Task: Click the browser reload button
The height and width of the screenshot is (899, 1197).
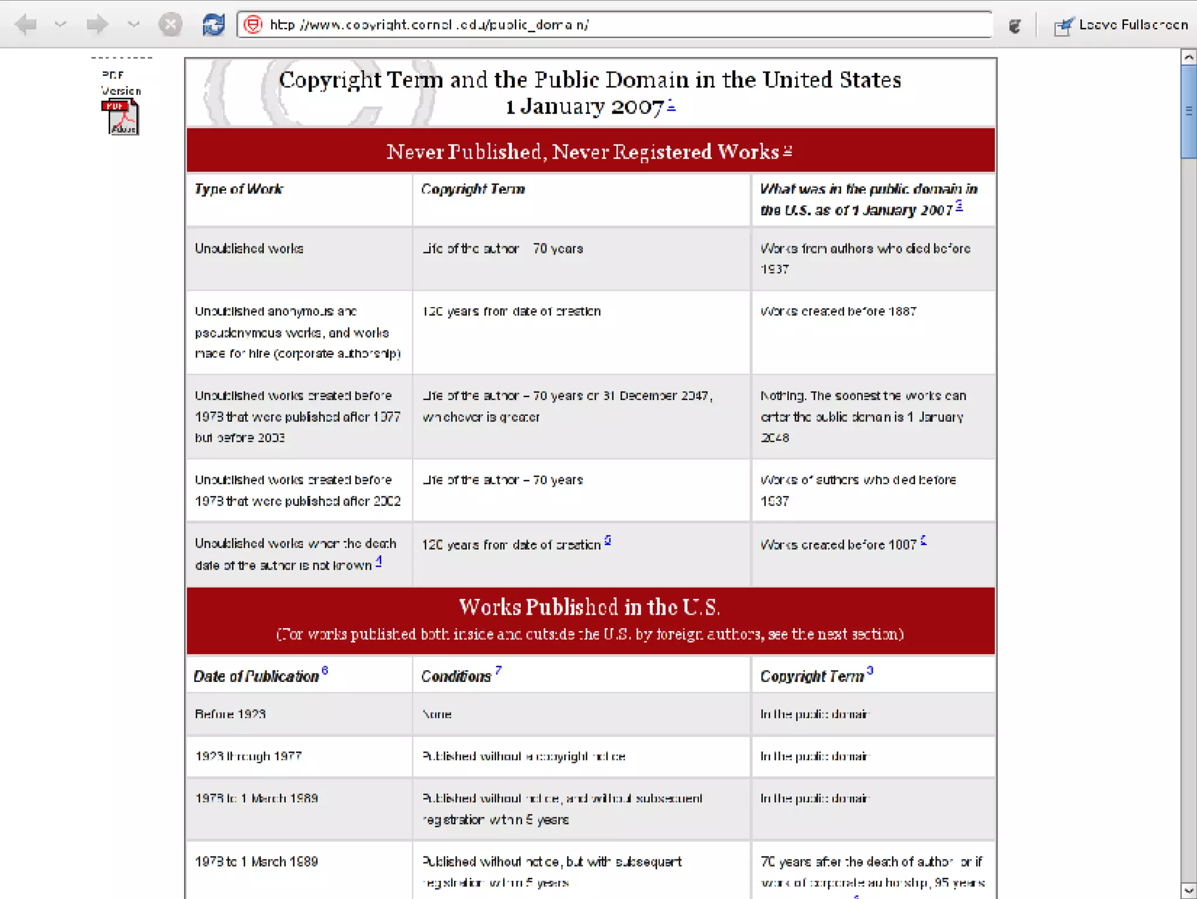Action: [213, 25]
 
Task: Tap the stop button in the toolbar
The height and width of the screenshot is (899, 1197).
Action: [170, 25]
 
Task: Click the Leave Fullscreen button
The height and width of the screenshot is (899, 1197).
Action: [1121, 25]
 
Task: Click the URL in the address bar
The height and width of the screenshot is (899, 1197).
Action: [430, 25]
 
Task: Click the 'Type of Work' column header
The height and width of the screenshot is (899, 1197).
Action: [239, 189]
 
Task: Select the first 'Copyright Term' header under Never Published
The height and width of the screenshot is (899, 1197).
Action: [473, 189]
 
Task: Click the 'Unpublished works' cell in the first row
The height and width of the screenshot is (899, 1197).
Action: [250, 249]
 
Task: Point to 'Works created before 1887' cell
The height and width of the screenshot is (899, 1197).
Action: [838, 311]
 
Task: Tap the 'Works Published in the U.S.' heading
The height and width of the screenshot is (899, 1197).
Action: [589, 607]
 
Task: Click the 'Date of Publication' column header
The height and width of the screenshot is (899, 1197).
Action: [257, 676]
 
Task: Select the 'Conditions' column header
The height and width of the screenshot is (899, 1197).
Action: [456, 676]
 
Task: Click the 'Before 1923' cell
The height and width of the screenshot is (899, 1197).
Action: [230, 714]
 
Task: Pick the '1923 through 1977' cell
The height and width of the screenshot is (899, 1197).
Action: [248, 756]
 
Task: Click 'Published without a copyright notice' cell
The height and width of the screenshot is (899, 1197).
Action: [524, 756]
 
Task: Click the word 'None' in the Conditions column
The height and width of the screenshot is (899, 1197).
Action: [437, 714]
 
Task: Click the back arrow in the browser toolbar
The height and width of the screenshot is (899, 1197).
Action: [25, 25]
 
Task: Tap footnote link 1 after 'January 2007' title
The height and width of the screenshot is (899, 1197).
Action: [671, 105]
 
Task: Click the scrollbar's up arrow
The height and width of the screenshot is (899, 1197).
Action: [1188, 57]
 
